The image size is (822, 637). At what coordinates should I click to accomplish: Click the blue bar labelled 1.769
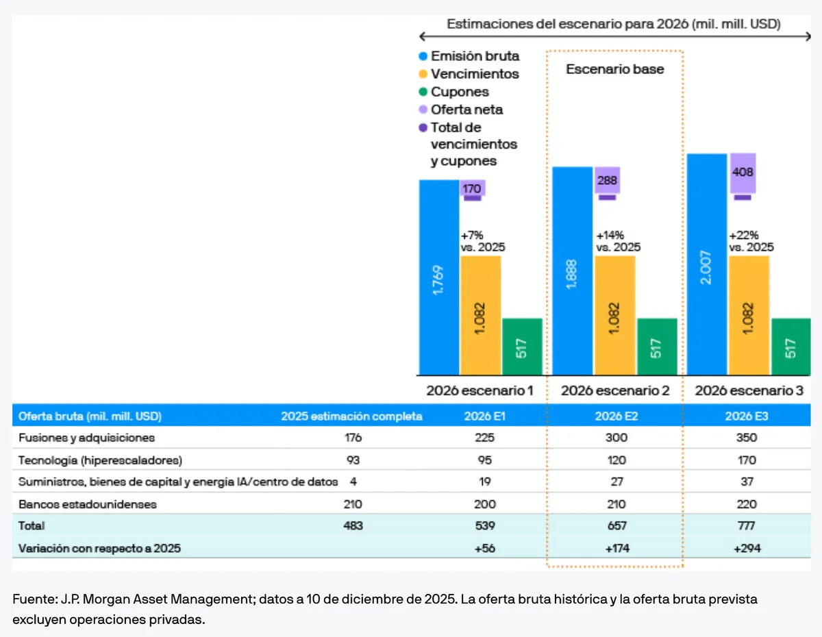coord(439,277)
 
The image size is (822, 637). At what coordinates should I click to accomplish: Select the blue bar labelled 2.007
coord(707,264)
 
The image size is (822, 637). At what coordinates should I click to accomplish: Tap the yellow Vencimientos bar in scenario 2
coord(614,315)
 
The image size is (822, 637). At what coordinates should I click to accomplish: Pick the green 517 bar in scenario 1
coord(522,347)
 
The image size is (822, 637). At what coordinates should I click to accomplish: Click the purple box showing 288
coord(607,181)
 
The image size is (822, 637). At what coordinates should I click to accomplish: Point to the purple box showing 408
coord(743,173)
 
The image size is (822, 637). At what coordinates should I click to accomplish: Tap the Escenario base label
coord(614,69)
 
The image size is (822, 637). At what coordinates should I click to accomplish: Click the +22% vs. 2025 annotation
coord(751,241)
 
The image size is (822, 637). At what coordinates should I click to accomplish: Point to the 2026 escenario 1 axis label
coord(480,391)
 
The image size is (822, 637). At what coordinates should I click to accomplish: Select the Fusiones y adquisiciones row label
coord(86,437)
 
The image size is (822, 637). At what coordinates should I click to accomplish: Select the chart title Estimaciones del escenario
coord(614,24)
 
